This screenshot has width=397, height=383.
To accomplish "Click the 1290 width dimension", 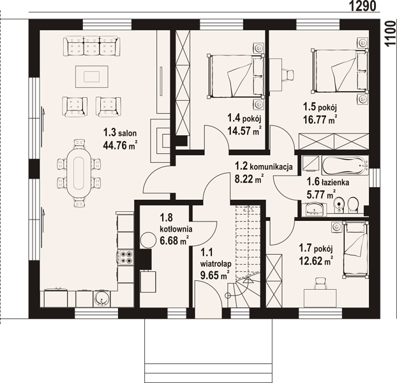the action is coord(363,6).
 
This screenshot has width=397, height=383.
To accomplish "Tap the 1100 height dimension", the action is coord(391,33).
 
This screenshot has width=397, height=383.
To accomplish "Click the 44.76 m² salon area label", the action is coord(120,146).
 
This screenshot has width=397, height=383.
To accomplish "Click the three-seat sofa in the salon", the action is coord(91,46).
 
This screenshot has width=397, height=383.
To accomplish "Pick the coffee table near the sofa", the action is coord(92,77).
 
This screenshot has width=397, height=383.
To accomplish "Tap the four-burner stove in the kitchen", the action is coord(126,257).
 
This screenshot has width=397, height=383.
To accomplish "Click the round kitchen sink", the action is coord(101,299).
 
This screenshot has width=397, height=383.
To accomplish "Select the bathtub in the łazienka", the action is coord(345,165).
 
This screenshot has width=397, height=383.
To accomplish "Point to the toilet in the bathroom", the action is coord(353,204).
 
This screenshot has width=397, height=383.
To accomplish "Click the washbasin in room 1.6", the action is coord(315,209).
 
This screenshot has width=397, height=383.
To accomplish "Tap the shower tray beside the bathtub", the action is coord(311,163).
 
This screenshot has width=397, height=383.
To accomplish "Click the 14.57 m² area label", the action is coord(244,131).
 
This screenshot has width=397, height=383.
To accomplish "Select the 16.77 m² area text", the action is coord(321,119).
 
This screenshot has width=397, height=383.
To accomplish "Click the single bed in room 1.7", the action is coord(356,249).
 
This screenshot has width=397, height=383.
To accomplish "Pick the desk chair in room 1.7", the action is coord(320,283).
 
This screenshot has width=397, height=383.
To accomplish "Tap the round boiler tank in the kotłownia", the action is coord(148,240).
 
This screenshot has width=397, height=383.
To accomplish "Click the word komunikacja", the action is coord(271,167).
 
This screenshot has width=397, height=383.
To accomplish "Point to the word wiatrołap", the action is coord(216,264).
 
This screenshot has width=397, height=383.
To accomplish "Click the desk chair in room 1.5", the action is coord(288,74).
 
